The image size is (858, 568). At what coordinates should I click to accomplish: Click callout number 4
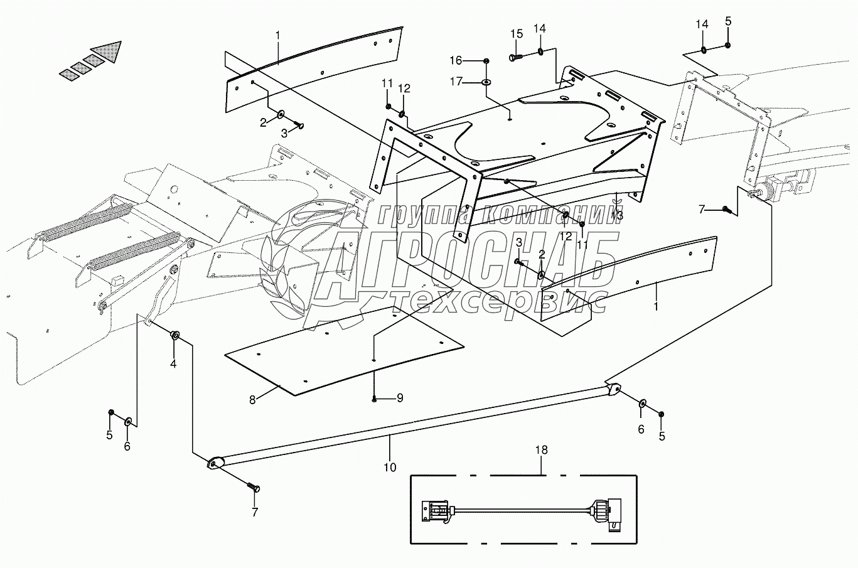[173, 363]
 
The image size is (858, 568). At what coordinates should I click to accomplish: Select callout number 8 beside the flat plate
[252, 399]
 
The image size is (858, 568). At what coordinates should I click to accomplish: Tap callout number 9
[399, 398]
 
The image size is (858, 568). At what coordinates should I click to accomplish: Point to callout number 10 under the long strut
[389, 466]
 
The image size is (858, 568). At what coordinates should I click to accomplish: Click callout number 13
[617, 215]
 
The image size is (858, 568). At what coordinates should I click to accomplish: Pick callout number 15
[516, 33]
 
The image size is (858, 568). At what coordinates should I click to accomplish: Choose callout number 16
[473, 60]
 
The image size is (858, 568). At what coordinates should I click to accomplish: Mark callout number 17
[473, 81]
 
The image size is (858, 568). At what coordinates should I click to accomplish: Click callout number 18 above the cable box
[541, 450]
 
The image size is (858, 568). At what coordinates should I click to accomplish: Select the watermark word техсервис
[499, 302]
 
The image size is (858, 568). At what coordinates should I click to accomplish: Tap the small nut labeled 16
[487, 60]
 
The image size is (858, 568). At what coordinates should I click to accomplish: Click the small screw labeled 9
[374, 399]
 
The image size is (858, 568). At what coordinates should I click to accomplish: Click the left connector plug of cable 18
[436, 510]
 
